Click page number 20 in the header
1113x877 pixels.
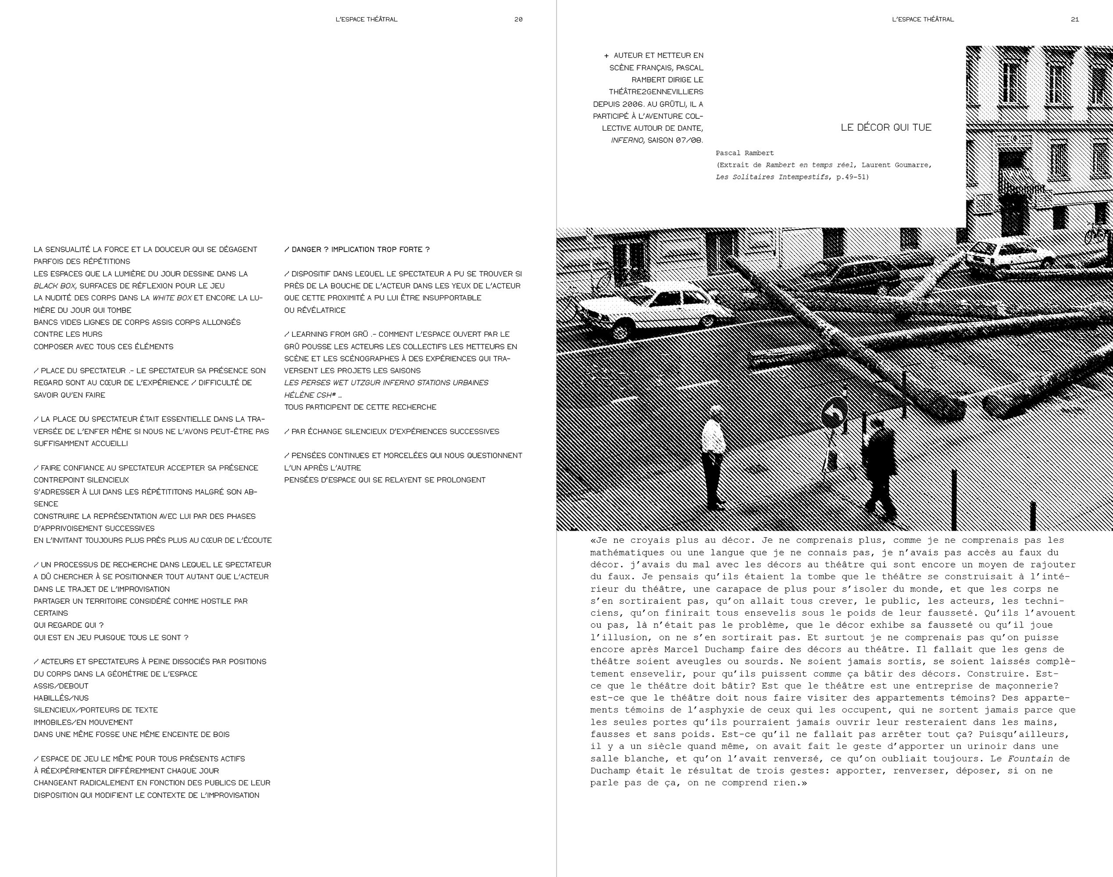518,19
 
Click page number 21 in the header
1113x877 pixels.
1074,19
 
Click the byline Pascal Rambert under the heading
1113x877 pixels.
744,153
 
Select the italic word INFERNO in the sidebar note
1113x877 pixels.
627,140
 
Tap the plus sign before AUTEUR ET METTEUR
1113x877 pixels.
606,55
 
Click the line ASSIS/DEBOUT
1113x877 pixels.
61,686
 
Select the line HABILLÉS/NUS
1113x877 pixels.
61,698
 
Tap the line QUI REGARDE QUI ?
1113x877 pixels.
69,625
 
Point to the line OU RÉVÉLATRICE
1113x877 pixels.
315,310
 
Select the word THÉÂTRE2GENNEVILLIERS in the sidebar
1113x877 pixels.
656,92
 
